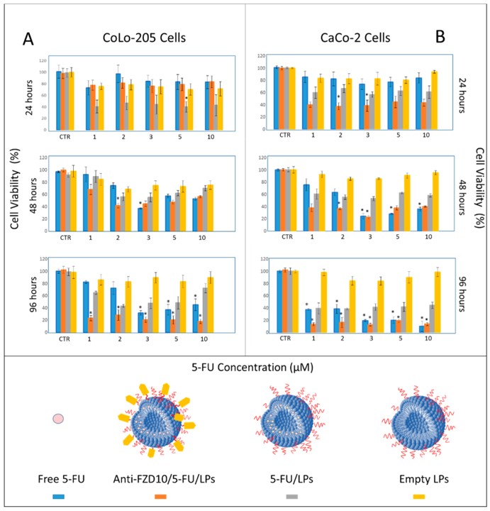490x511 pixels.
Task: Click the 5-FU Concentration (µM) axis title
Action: pos(245,367)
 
